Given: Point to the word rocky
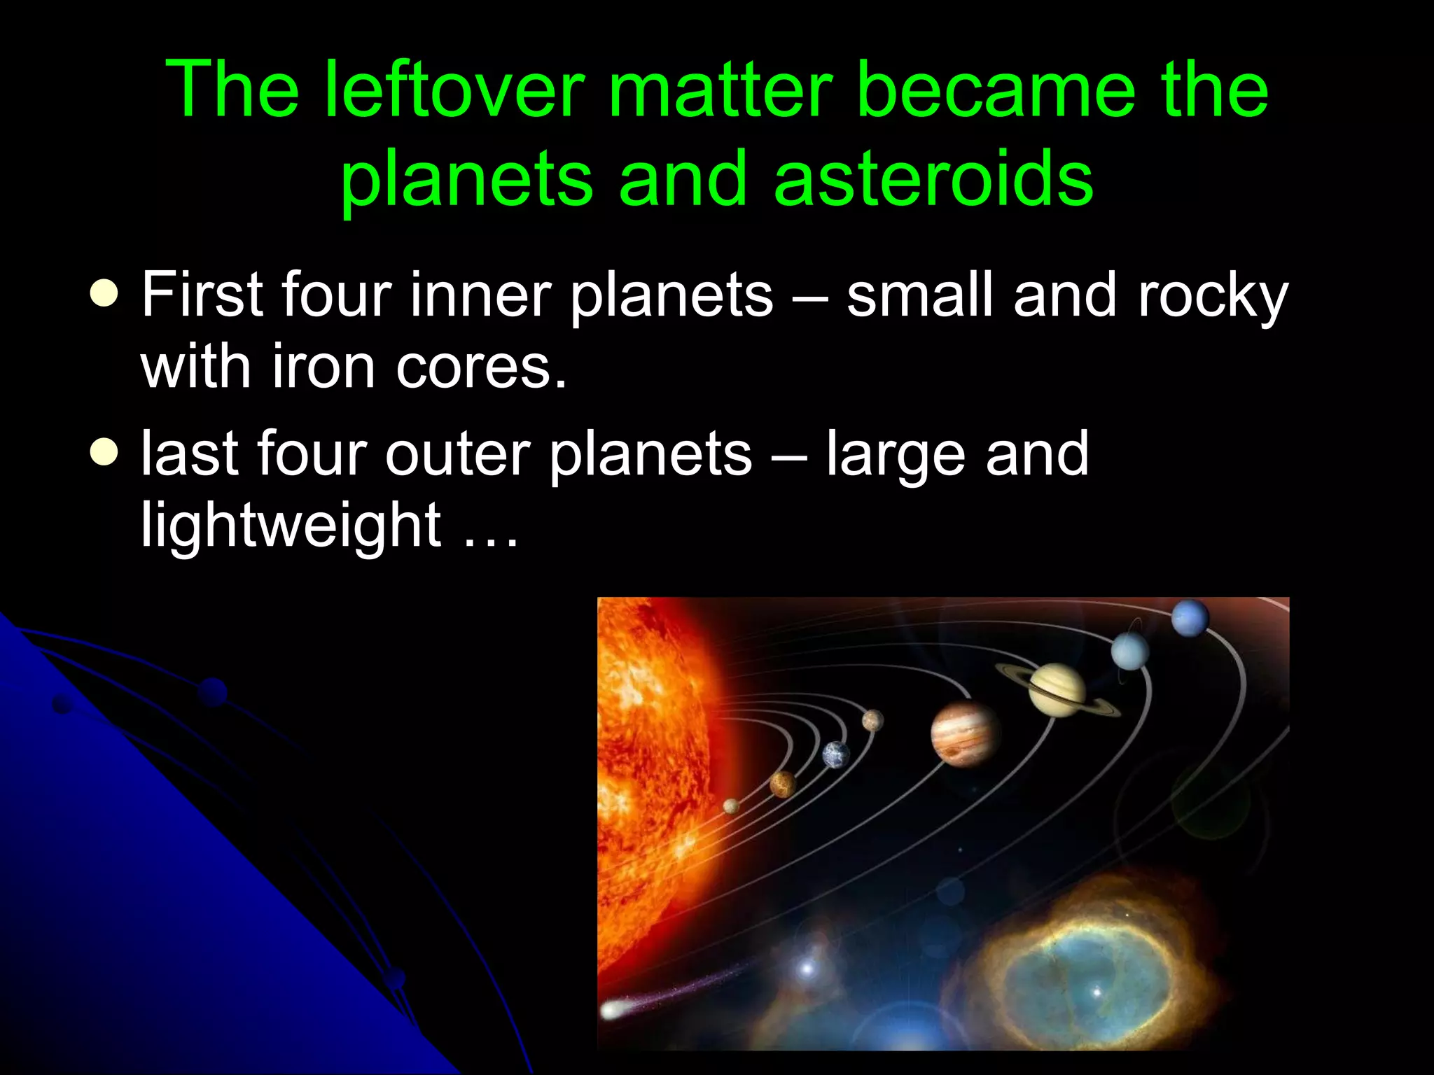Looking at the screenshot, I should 1213,296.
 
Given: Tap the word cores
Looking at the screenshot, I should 481,367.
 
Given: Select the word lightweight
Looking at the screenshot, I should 291,525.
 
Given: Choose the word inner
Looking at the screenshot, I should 480,295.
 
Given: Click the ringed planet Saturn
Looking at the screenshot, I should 1057,690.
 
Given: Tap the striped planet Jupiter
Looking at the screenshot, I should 965,733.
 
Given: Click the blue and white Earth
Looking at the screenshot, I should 835,754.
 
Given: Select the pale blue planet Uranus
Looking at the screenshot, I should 1129,651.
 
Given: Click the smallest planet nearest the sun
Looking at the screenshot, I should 731,806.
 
